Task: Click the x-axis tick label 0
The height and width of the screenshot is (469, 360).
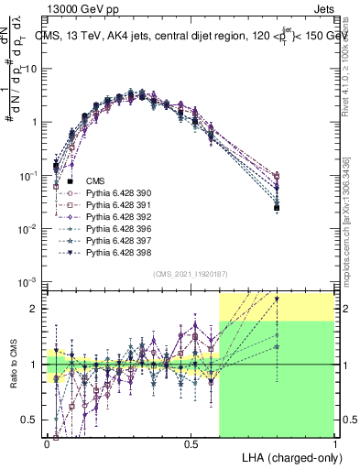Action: tap(47, 442)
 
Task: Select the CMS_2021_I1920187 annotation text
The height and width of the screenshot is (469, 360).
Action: tap(190, 274)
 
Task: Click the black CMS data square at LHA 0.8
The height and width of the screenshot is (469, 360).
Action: tap(277, 208)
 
